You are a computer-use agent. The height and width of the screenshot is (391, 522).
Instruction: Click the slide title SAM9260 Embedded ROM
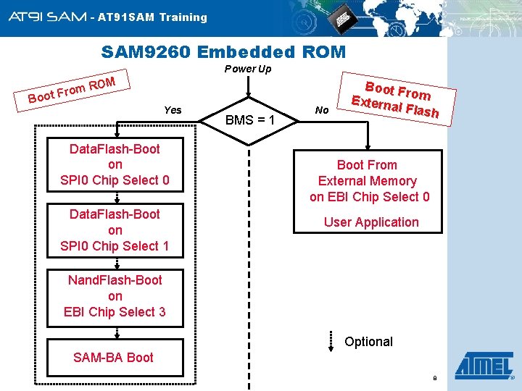tap(223, 52)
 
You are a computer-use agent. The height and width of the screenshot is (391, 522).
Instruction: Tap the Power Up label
tap(247, 69)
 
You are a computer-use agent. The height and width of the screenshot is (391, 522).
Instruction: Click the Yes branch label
tap(173, 110)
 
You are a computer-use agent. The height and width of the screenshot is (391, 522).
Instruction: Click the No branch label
tap(323, 110)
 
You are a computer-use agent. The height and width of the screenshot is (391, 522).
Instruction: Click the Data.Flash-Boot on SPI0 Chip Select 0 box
tap(115, 164)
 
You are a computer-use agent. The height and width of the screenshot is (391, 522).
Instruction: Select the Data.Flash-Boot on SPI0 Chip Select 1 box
tap(115, 230)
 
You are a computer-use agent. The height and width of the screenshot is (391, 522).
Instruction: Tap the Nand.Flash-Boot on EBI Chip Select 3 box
tap(115, 295)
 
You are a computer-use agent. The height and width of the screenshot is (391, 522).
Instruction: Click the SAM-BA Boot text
tap(113, 357)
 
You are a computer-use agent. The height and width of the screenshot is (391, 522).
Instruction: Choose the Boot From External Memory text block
tap(369, 181)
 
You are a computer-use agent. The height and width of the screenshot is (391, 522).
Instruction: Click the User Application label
tap(370, 222)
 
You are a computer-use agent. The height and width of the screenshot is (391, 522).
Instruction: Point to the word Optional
tap(368, 342)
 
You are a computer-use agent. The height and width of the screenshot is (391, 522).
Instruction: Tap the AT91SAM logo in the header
tap(48, 17)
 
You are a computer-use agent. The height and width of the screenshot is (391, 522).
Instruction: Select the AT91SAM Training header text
tap(152, 17)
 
